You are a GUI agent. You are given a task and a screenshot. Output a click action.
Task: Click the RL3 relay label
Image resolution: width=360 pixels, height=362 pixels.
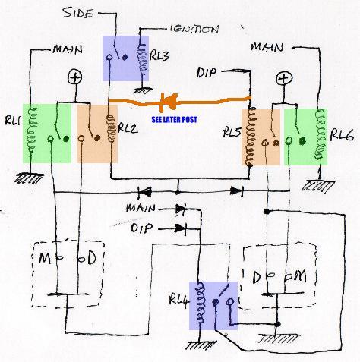[x=159, y=55]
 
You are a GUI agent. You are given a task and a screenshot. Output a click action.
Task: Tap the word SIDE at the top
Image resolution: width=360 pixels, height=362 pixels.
[x=78, y=13]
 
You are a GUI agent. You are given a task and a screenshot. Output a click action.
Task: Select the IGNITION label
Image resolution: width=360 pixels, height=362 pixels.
[x=194, y=29]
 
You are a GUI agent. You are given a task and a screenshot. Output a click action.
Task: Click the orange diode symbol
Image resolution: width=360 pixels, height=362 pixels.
[x=169, y=102]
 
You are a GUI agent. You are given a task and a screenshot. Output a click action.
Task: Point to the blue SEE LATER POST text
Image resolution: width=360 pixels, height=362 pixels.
[x=174, y=119]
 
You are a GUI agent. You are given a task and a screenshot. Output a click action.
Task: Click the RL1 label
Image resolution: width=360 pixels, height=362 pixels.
[x=13, y=121]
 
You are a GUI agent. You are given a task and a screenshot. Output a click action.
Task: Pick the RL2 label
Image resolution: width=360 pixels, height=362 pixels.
[x=128, y=128]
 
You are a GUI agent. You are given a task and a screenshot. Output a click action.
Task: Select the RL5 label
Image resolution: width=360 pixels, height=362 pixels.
[x=232, y=132]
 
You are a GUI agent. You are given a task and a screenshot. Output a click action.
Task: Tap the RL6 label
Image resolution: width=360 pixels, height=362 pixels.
[x=341, y=135]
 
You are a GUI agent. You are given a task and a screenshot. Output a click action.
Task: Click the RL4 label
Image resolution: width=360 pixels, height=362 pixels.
[x=179, y=300]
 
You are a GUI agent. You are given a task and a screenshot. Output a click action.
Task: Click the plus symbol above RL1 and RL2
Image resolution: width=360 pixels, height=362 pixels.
[x=75, y=77]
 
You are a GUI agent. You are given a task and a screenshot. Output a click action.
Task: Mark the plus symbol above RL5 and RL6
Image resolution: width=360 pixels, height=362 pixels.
[x=284, y=78]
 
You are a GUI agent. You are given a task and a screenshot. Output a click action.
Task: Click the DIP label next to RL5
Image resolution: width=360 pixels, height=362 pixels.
[x=207, y=73]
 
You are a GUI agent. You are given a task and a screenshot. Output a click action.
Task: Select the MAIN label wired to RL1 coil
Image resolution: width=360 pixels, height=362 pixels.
[x=68, y=49]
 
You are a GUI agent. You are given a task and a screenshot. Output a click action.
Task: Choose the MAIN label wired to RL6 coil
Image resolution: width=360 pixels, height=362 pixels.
[x=267, y=47]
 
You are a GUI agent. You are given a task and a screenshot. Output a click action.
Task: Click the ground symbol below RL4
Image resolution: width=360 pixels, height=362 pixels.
[x=201, y=345]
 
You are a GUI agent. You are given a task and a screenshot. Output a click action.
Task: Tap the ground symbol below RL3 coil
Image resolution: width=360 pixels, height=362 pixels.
[x=143, y=90]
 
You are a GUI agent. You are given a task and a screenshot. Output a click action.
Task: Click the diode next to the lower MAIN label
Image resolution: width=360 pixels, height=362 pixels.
[x=181, y=209]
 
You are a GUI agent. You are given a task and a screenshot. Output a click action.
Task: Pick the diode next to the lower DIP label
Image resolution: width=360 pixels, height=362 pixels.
[x=181, y=228]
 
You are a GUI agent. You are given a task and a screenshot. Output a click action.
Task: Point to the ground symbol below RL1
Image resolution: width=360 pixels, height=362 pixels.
[x=29, y=178]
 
